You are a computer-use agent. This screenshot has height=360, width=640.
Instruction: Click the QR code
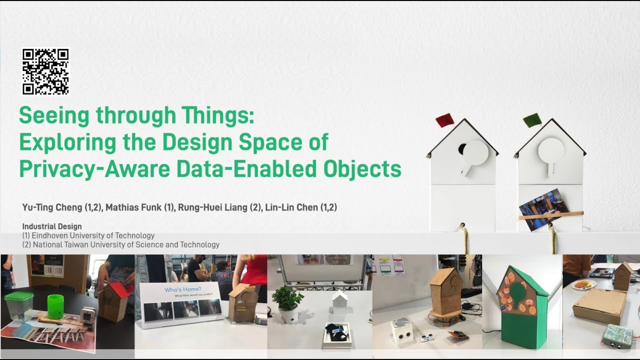[45, 71]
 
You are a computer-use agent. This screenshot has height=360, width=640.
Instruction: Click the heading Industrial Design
[52, 226]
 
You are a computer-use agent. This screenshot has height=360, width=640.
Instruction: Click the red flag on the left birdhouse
[444, 120]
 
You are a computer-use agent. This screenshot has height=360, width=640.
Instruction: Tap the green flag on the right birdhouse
[532, 119]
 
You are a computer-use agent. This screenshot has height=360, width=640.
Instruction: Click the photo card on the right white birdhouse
[544, 209]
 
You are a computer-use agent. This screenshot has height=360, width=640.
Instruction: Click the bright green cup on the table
[55, 306]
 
